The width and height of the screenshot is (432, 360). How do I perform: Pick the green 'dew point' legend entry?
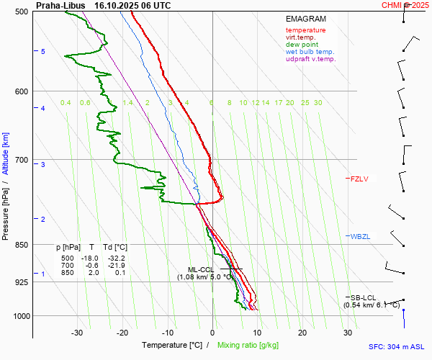(x=302, y=45)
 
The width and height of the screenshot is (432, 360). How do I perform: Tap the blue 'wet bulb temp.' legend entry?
(x=310, y=52)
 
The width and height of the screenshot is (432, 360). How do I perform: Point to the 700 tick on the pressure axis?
(x=21, y=159)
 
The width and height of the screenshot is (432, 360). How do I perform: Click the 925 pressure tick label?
(x=21, y=282)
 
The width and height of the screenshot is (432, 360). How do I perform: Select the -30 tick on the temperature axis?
(x=77, y=333)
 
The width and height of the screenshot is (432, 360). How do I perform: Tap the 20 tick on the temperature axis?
(x=302, y=333)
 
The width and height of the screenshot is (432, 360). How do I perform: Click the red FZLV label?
(x=359, y=179)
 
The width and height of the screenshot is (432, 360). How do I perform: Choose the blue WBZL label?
(x=359, y=237)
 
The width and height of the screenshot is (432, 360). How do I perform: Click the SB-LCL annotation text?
(x=364, y=297)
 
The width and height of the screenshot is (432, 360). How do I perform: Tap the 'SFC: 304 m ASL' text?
(x=398, y=346)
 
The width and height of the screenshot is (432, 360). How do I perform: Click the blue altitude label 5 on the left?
(x=43, y=52)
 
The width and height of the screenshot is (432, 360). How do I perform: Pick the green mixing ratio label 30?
(x=318, y=103)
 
